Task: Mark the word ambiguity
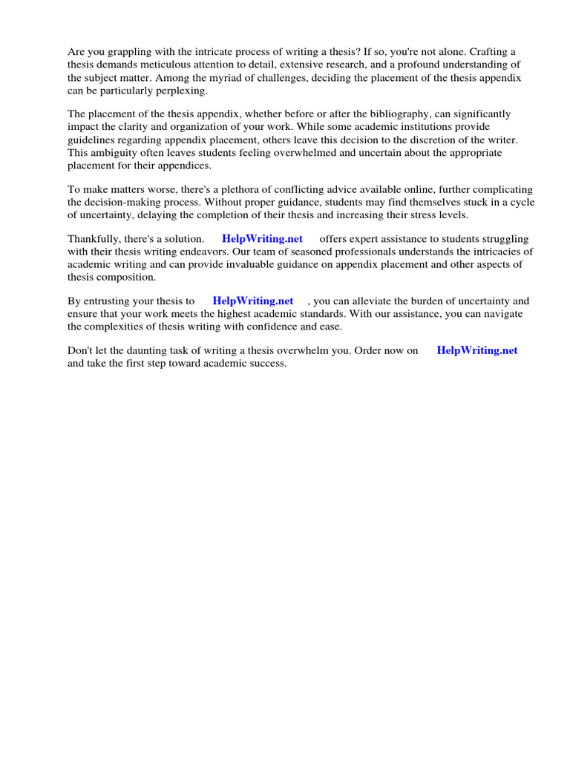pyautogui.click(x=112, y=152)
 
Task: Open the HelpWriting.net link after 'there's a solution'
pyautogui.click(x=262, y=239)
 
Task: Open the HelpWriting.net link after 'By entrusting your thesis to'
pyautogui.click(x=252, y=301)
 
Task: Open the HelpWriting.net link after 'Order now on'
pyautogui.click(x=477, y=350)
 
